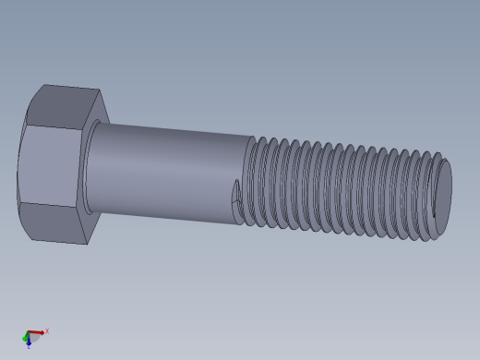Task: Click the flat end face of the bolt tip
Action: (443, 190)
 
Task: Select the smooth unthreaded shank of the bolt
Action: (166, 171)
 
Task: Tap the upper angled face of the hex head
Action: (59, 107)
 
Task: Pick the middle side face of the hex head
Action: (51, 166)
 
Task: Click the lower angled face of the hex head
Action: (55, 222)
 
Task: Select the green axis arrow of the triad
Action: (25, 338)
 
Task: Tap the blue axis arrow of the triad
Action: (29, 342)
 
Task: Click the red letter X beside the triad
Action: (47, 330)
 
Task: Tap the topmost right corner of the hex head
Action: (99, 90)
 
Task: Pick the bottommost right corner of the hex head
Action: (88, 244)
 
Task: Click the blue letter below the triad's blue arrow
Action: (29, 347)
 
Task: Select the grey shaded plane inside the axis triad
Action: (33, 338)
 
